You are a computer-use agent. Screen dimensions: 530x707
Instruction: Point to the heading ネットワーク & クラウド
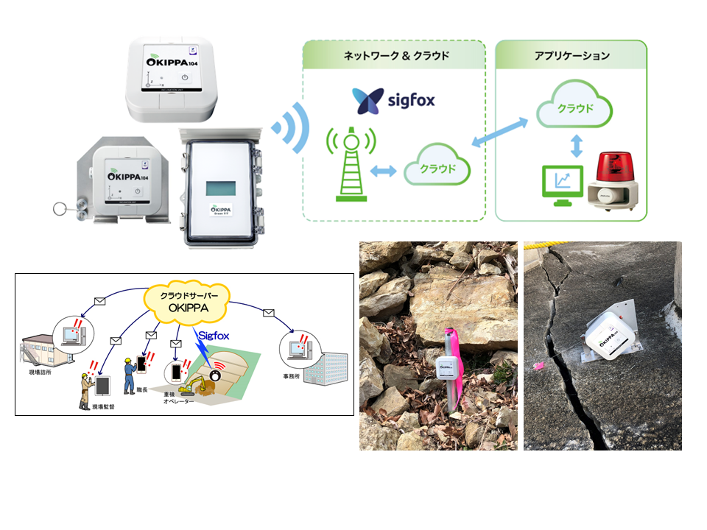point(396,56)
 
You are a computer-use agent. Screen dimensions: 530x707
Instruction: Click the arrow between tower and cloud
point(383,171)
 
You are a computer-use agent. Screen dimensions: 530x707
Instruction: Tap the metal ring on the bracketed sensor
point(59,209)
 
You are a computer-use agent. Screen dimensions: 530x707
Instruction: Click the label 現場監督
point(101,404)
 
